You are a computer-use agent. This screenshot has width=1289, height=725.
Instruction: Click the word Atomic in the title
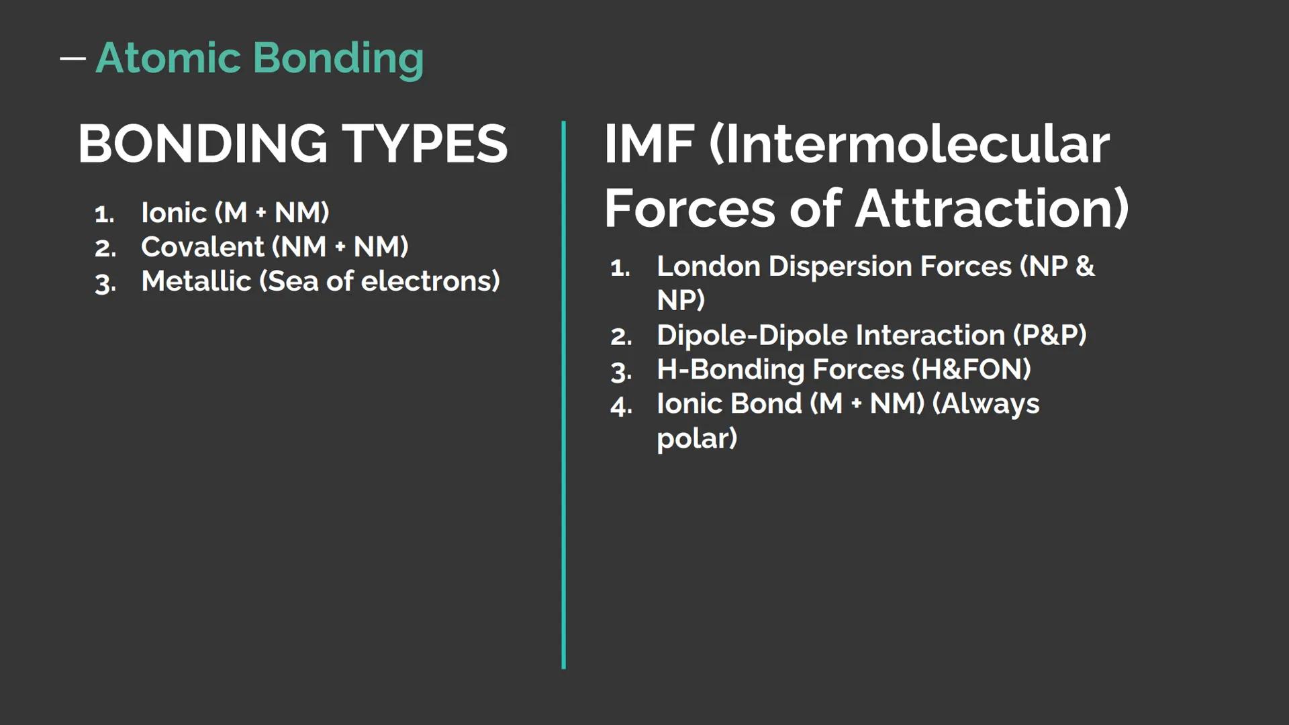click(168, 58)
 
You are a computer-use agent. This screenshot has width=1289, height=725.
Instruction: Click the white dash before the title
click(73, 58)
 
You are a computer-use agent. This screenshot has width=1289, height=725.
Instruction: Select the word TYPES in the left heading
click(425, 144)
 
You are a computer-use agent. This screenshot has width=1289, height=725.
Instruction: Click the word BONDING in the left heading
click(202, 144)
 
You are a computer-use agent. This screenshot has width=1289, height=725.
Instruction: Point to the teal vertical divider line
click(563, 395)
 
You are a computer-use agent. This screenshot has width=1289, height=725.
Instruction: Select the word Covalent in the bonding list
click(202, 247)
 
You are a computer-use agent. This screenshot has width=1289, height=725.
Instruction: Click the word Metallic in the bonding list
click(196, 281)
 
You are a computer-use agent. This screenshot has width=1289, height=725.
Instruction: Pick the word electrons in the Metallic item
click(430, 281)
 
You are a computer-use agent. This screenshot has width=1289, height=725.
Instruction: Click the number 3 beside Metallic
click(105, 284)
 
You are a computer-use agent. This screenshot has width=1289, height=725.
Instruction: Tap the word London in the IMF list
click(708, 267)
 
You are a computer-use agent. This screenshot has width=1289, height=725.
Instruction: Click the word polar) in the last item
click(697, 439)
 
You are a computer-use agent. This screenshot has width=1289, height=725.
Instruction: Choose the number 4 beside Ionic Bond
click(621, 406)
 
